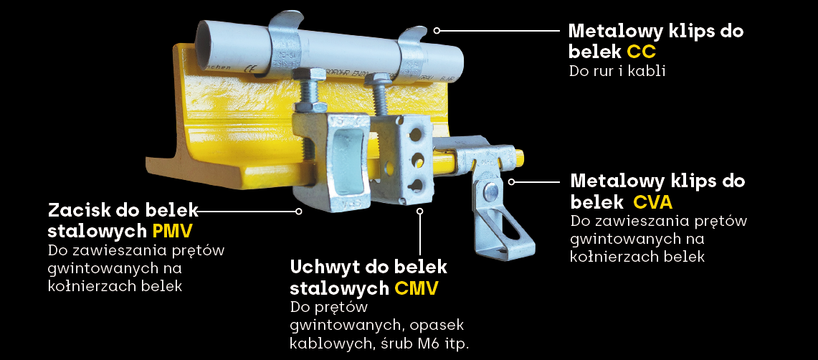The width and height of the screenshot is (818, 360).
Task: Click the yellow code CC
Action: tap(641, 52)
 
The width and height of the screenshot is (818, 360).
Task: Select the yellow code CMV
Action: tap(416, 288)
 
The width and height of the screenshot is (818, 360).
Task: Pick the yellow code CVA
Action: tap(652, 202)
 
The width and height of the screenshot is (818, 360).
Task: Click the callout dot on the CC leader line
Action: tap(437, 30)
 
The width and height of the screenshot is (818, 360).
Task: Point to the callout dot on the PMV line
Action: tap(299, 212)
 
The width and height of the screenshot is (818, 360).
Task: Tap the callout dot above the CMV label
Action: tap(421, 211)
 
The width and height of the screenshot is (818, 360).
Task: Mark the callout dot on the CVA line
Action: tap(512, 181)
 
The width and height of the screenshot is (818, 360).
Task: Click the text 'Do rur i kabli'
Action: tap(617, 72)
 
